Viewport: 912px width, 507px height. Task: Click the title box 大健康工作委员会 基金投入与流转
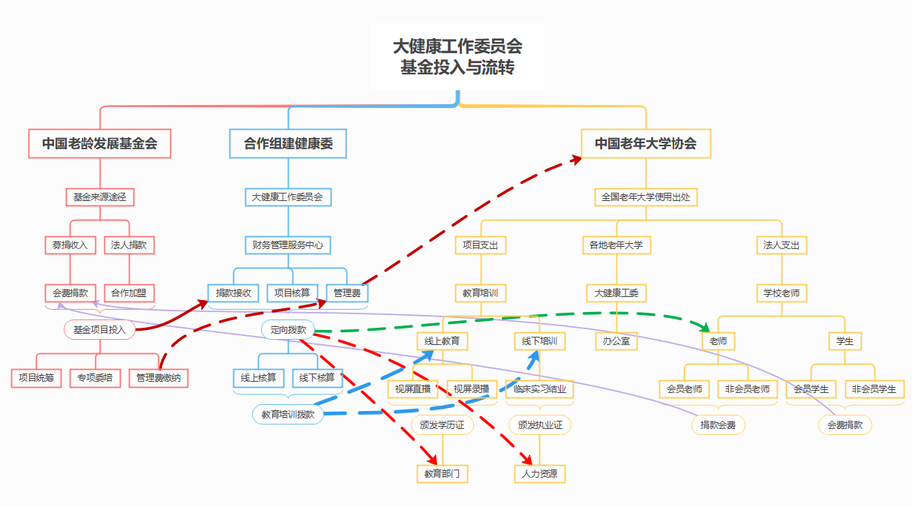[457, 56]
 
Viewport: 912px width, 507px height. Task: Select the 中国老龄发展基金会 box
[100, 143]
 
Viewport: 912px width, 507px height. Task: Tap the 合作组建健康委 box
[288, 143]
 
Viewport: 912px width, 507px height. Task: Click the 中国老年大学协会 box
[646, 143]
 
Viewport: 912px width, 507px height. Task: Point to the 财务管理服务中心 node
[288, 244]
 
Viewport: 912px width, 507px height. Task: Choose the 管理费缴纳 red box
[158, 378]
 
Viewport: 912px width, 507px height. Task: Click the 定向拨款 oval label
[289, 329]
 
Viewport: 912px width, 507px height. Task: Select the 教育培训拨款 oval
[288, 414]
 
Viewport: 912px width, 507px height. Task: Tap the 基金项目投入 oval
[99, 329]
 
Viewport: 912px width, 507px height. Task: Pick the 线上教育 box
[442, 341]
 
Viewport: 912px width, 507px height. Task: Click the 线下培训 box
[540, 341]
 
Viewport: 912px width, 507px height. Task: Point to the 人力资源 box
[540, 474]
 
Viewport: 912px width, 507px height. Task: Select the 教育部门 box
[442, 474]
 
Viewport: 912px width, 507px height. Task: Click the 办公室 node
[616, 341]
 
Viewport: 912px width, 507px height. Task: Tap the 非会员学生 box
[874, 389]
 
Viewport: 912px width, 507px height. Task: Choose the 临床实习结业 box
[540, 389]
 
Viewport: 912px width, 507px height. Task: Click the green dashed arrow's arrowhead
[705, 328]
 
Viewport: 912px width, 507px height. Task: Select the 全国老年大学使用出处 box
[646, 197]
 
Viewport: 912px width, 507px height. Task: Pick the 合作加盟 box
[129, 293]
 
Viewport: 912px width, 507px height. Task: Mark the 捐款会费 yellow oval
[718, 425]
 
